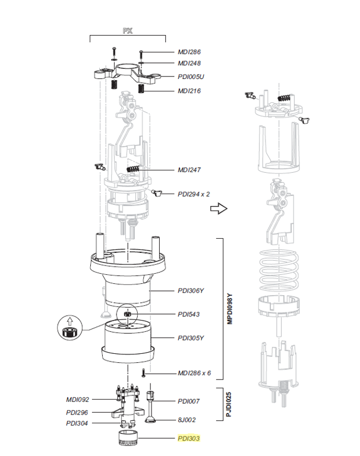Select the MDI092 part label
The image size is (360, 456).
click(78, 400)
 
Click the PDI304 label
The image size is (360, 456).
click(78, 423)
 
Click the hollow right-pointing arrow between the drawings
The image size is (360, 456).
click(220, 208)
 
